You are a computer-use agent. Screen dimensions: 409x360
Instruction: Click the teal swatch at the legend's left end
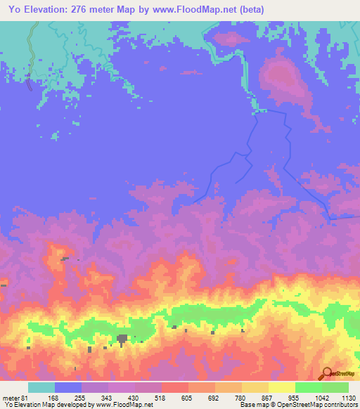pyautogui.click(x=41, y=387)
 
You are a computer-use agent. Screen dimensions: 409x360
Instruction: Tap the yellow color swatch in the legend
pyautogui.click(x=281, y=387)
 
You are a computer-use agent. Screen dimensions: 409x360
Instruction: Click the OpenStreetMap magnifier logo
pyautogui.click(x=326, y=372)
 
